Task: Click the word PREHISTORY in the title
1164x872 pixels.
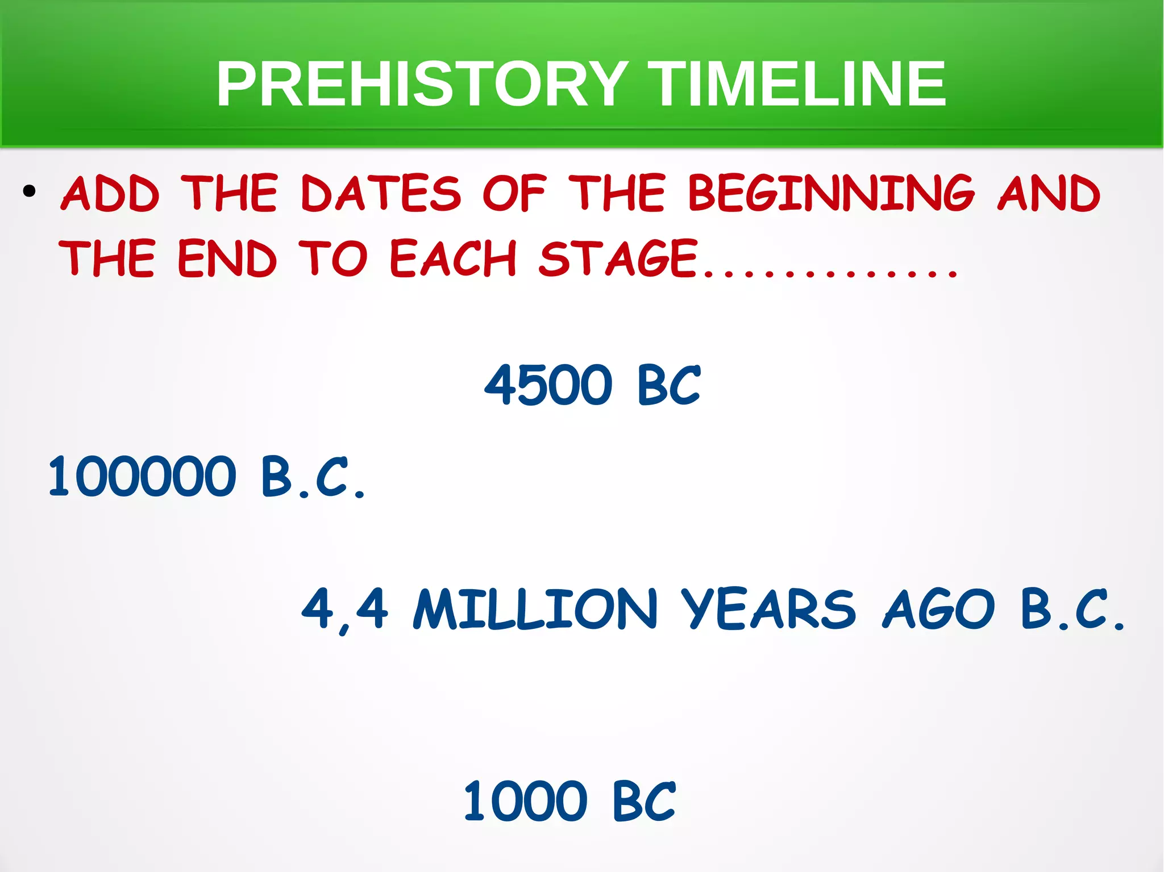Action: pyautogui.click(x=422, y=84)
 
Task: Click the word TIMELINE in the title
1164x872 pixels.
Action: pyautogui.click(x=797, y=84)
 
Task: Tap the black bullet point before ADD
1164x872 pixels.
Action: pyautogui.click(x=30, y=191)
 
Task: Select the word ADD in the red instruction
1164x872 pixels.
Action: pyautogui.click(x=110, y=194)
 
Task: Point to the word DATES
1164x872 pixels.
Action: pyautogui.click(x=380, y=194)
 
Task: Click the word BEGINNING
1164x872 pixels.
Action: pyautogui.click(x=831, y=194)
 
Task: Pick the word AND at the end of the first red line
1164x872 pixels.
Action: pyautogui.click(x=1049, y=194)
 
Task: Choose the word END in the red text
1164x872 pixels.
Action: pyautogui.click(x=227, y=258)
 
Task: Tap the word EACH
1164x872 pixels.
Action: pyautogui.click(x=453, y=258)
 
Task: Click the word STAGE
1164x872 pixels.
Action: pyautogui.click(x=618, y=258)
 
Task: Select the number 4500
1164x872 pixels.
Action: pyautogui.click(x=548, y=386)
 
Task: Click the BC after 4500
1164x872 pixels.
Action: pyautogui.click(x=668, y=386)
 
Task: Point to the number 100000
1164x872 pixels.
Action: pyautogui.click(x=142, y=477)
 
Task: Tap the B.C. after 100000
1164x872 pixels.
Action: pyautogui.click(x=313, y=477)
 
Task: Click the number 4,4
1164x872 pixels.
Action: pyautogui.click(x=345, y=610)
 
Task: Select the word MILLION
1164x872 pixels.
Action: pyautogui.click(x=535, y=610)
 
